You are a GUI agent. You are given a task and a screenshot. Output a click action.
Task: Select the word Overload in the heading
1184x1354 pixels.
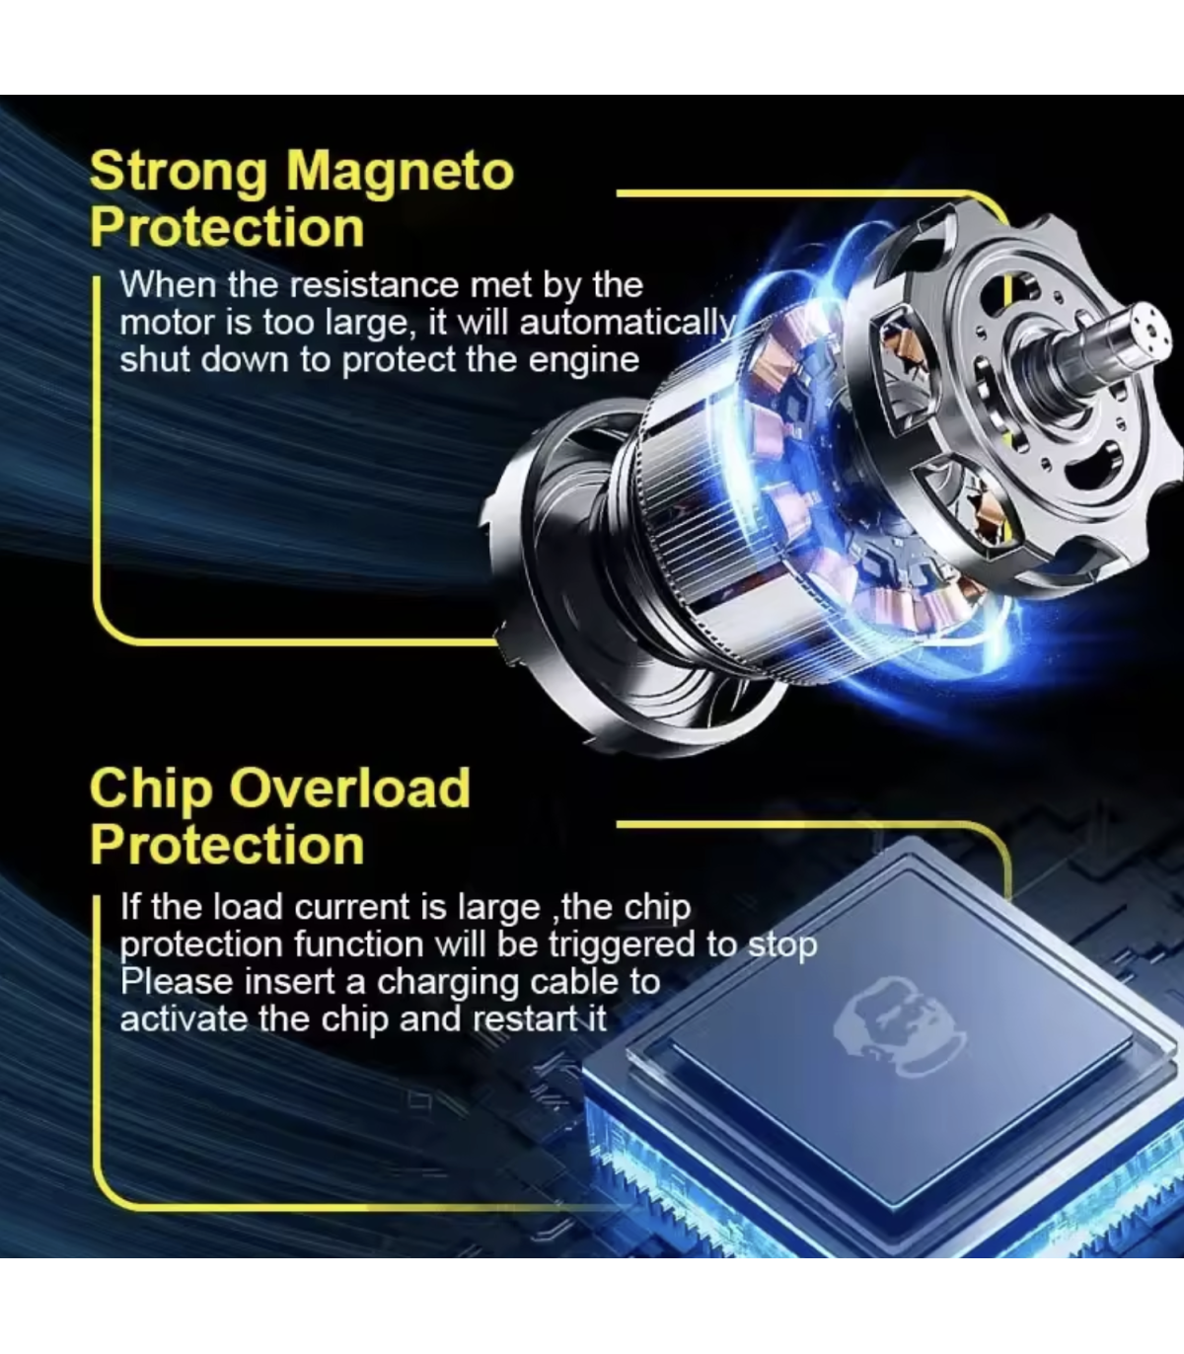(x=349, y=788)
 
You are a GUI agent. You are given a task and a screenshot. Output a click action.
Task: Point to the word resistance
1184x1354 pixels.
(x=374, y=285)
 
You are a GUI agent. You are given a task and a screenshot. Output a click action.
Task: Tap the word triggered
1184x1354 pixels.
(x=622, y=945)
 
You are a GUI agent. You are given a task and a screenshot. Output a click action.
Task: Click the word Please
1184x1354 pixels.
(x=177, y=981)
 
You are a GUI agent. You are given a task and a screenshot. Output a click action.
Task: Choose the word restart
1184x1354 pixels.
(x=525, y=1019)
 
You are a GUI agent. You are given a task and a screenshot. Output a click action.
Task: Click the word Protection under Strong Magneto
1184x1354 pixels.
(x=227, y=228)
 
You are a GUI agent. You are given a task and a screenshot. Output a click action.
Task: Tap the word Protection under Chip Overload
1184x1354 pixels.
(x=227, y=846)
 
